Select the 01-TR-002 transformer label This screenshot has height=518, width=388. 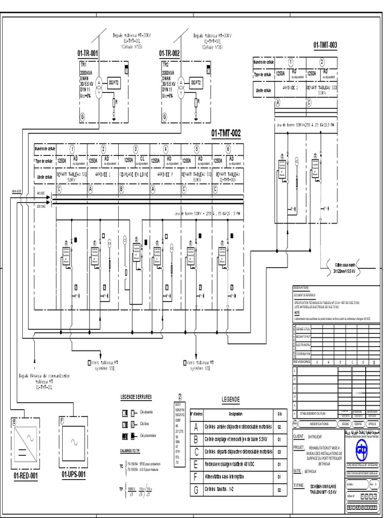[169, 53]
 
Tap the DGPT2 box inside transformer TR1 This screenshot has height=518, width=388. [113, 82]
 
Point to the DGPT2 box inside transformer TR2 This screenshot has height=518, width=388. [196, 82]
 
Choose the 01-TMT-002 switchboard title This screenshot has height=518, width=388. [226, 134]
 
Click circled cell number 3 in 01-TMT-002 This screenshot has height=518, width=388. [135, 149]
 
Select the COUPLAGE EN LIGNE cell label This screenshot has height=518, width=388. [134, 174]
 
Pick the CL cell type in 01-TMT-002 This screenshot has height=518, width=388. [142, 158]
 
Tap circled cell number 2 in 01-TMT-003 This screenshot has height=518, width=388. [321, 62]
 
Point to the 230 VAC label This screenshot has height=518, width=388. [41, 206]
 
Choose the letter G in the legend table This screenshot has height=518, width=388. [196, 490]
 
